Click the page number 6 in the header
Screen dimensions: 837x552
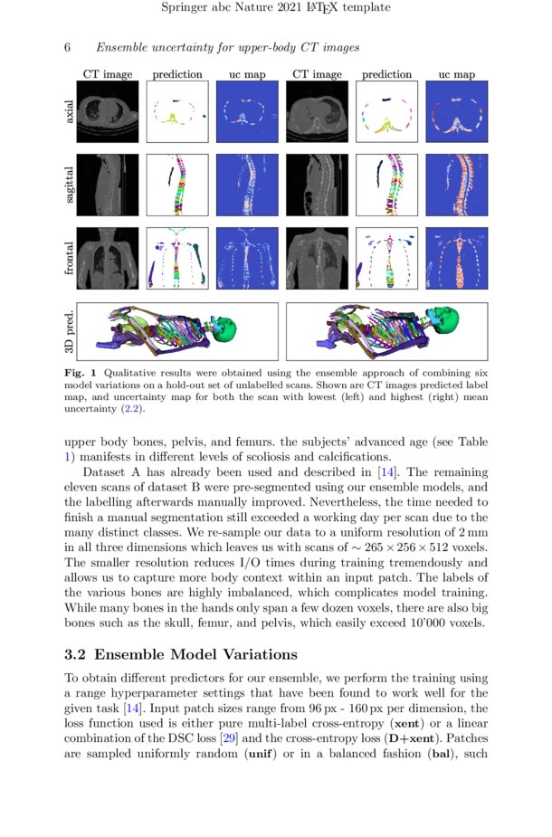click(x=66, y=47)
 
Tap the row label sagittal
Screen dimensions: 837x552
click(x=69, y=185)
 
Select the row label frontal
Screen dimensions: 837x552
click(x=69, y=258)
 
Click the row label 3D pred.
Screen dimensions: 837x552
click(x=69, y=332)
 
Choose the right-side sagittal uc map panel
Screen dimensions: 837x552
click(x=456, y=185)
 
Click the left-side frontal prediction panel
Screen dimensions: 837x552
click(x=177, y=258)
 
